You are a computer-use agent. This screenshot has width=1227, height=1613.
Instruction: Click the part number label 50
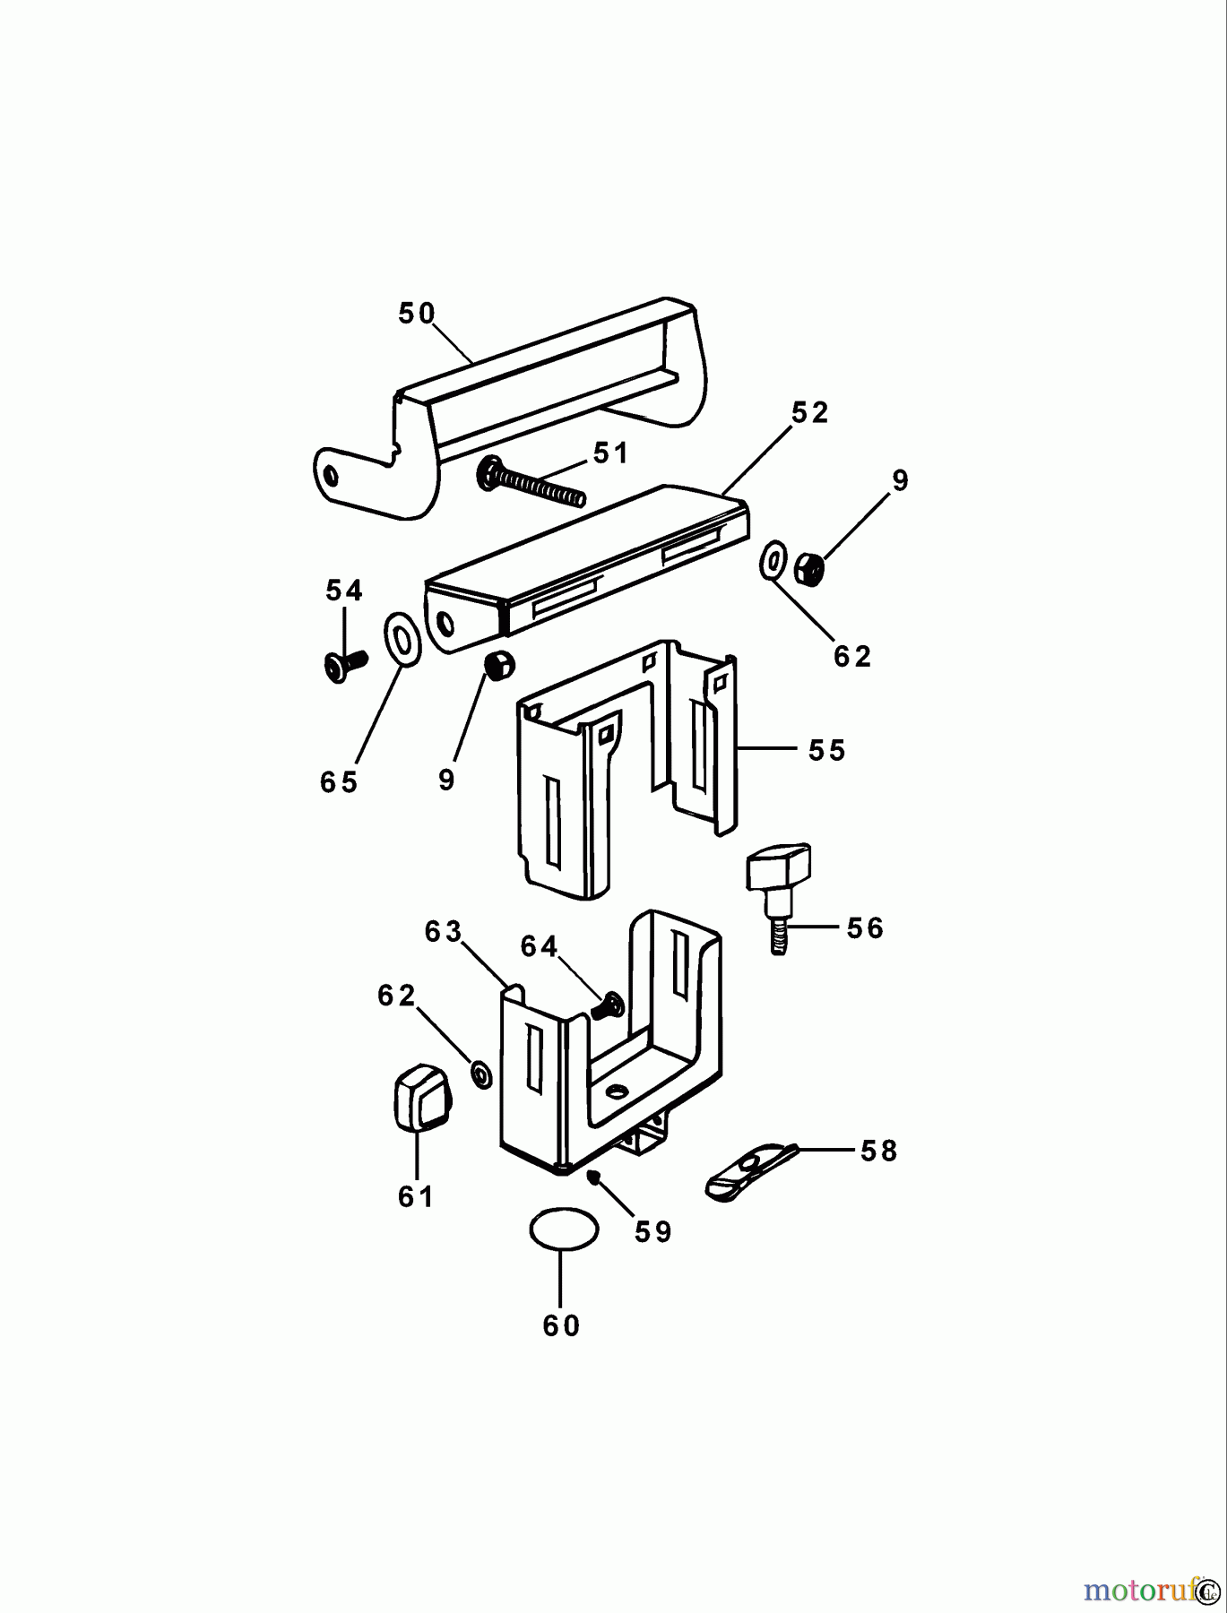click(417, 314)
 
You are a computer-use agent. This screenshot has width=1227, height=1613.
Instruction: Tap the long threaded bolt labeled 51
click(532, 481)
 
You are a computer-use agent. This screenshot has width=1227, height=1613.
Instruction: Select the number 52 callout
click(809, 413)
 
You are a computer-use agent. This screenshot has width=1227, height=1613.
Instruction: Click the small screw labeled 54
click(344, 663)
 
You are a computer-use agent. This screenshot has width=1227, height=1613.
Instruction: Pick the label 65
click(339, 782)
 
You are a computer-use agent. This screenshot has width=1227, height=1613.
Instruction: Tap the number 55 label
click(826, 750)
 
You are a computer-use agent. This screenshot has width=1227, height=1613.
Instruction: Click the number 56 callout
click(865, 928)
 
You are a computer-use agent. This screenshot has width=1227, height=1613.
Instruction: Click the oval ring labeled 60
click(564, 1229)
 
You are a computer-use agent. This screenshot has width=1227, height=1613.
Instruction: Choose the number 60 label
click(562, 1325)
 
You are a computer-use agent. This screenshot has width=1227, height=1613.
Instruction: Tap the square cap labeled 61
click(419, 1098)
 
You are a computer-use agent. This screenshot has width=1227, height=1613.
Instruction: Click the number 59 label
click(652, 1232)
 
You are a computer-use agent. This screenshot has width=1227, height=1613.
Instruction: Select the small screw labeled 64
click(609, 1005)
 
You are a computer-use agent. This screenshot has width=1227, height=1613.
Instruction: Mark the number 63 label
click(443, 932)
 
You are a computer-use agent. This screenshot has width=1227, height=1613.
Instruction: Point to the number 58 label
click(878, 1151)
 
